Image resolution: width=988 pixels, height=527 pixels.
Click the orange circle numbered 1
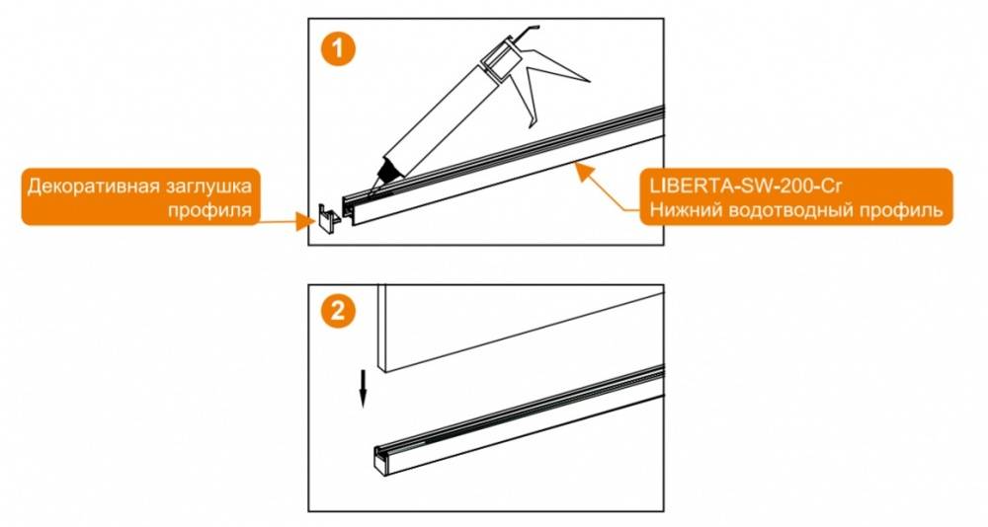(x=338, y=48)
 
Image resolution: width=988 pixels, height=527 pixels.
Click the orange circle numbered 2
(x=338, y=311)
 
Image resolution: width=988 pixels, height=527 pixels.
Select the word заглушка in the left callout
(x=207, y=187)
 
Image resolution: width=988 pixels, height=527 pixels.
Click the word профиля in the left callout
(x=209, y=209)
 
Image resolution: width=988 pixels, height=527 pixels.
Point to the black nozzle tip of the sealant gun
(x=384, y=172)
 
